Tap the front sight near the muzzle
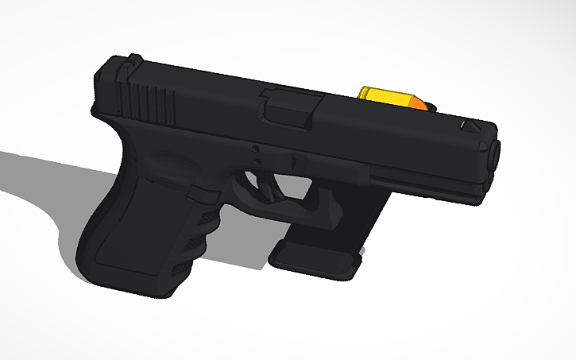470,125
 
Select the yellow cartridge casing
378,95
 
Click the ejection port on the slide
291,106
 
